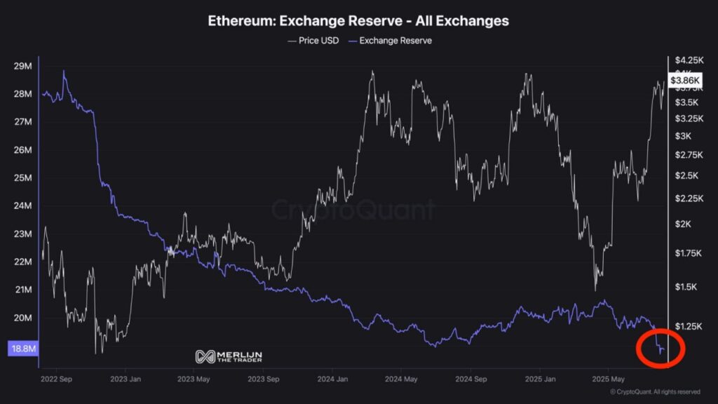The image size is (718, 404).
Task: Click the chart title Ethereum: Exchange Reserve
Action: coord(358,21)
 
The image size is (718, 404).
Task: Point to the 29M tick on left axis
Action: coord(23,66)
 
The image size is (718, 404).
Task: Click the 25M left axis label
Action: coord(23,178)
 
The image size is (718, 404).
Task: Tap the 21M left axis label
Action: coord(23,290)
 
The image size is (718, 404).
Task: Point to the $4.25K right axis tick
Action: coord(686,60)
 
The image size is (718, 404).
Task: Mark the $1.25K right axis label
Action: coord(686,326)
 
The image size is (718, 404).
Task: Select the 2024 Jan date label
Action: coord(333,378)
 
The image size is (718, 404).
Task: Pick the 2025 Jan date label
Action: coord(541,378)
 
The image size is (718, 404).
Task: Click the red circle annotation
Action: coord(660,347)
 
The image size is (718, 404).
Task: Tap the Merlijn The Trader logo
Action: coord(229,356)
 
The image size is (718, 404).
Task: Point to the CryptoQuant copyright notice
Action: coord(655,392)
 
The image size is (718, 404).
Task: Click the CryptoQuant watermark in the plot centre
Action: coord(353,210)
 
